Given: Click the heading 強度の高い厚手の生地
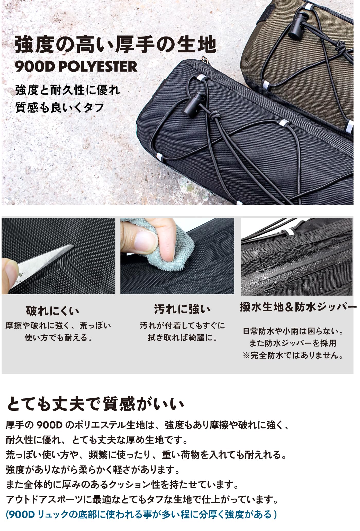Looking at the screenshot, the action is click(115, 45).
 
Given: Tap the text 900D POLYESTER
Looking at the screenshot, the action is click(76, 67).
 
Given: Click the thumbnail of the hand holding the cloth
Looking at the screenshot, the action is click(177, 256).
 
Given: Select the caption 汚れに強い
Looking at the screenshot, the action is click(182, 309).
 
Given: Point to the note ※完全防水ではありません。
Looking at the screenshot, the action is click(293, 355).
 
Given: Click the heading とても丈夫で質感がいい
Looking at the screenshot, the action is click(95, 404).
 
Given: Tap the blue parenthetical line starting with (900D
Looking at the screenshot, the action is click(141, 514).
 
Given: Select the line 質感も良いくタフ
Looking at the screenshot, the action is click(60, 107).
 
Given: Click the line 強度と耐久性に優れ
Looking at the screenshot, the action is click(68, 90).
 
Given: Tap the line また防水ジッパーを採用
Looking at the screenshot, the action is click(293, 343).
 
